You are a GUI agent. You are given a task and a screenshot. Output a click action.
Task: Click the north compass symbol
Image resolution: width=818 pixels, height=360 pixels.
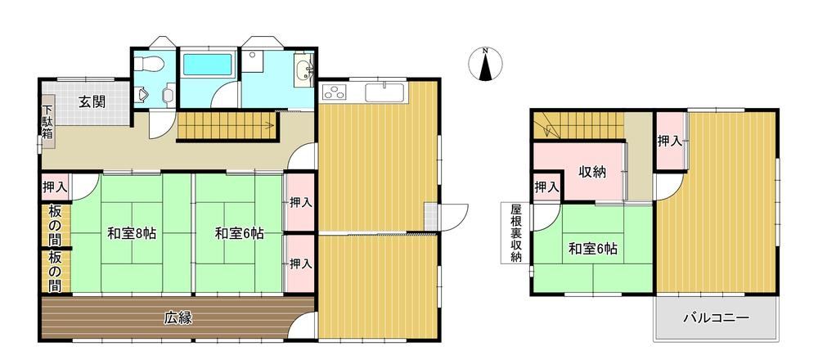[x=485, y=64]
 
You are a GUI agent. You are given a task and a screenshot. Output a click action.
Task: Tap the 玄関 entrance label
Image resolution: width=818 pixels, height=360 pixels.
[x=92, y=101]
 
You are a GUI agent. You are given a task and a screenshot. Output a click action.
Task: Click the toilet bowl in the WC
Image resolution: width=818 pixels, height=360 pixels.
[x=149, y=64]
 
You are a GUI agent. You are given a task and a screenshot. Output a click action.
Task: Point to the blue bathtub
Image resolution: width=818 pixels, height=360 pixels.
[x=207, y=65]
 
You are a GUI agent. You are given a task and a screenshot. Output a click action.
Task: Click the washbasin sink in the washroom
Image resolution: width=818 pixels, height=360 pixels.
[x=303, y=71]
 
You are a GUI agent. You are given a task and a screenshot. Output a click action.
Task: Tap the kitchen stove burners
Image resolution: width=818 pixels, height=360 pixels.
[x=334, y=92]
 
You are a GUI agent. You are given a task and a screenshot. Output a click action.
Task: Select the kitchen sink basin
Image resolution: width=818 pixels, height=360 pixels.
[x=384, y=92]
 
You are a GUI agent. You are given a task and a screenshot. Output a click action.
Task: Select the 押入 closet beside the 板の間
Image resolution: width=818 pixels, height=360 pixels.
[x=55, y=187]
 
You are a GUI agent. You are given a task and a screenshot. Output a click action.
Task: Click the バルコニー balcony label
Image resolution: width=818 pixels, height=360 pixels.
[x=717, y=317]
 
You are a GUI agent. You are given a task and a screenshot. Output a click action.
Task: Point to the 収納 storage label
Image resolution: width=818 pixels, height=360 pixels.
[x=592, y=172]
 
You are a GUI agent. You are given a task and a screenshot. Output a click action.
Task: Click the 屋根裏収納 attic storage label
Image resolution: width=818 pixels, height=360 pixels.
[x=516, y=233]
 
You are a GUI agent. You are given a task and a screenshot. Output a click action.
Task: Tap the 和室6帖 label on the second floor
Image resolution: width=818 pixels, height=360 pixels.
[x=592, y=249]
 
